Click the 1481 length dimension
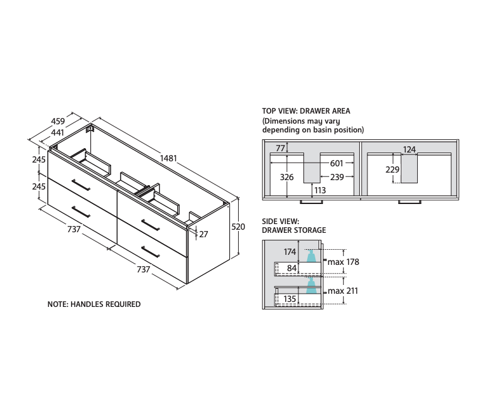(x=168, y=158)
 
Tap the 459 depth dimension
(x=58, y=121)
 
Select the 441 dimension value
(x=57, y=132)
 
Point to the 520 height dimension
(x=238, y=227)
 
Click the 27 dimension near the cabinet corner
(x=204, y=234)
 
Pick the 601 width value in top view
(x=337, y=163)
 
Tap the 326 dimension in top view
(x=286, y=177)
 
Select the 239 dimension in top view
(x=337, y=177)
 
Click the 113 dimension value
(x=320, y=190)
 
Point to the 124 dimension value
(x=410, y=149)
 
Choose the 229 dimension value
(x=393, y=169)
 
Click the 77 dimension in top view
(x=280, y=148)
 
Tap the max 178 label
(x=344, y=262)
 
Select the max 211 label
(x=343, y=291)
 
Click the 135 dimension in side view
(x=290, y=299)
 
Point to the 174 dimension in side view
(x=290, y=252)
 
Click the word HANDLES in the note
(x=87, y=304)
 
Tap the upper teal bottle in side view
(x=312, y=256)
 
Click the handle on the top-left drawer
(x=81, y=185)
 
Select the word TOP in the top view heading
(x=268, y=110)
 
